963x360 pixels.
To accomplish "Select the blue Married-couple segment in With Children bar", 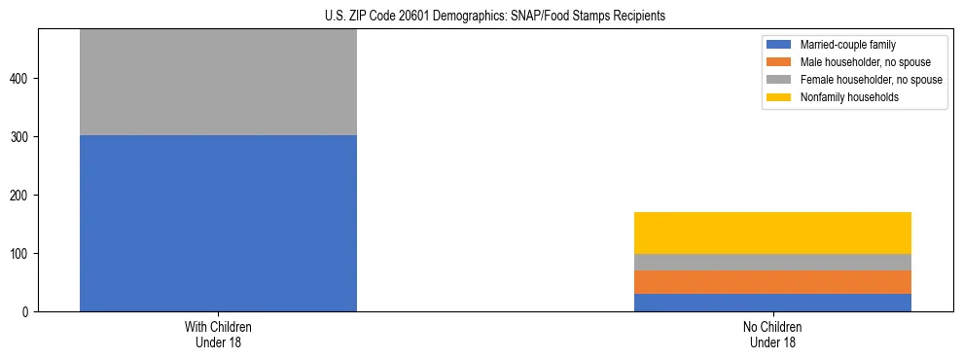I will [x=218, y=223].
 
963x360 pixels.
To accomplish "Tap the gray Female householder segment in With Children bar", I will [x=218, y=83].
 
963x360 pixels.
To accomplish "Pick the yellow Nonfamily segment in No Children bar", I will [x=772, y=233].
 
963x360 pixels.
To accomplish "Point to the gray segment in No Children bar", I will [x=772, y=262].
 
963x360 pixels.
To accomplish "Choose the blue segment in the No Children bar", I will [x=772, y=303].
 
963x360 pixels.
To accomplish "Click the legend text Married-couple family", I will [x=847, y=45].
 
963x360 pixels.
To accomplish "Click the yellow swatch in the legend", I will [x=779, y=97].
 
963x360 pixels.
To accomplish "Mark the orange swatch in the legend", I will [x=779, y=62].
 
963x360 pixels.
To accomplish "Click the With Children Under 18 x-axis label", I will [x=218, y=335].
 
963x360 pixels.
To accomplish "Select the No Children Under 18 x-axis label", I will [x=772, y=335].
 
